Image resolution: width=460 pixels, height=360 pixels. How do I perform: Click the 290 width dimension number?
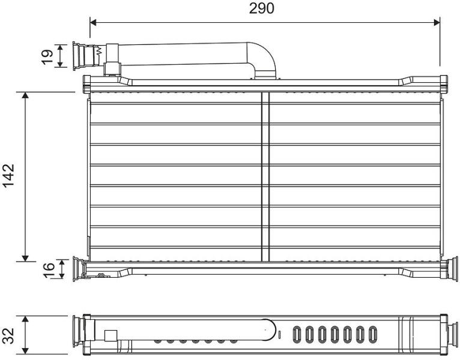(261, 8)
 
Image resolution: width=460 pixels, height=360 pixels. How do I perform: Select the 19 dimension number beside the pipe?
(47, 56)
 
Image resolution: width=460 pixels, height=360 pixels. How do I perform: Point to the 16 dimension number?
(49, 270)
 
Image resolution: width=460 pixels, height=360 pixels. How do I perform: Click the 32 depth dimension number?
(8, 335)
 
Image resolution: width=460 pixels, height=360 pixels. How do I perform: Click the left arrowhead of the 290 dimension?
(93, 23)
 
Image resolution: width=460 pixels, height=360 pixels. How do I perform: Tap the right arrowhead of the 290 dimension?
(437, 23)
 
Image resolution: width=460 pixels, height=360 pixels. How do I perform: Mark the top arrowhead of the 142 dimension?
(26, 95)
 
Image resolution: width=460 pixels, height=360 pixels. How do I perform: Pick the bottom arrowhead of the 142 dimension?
(26, 257)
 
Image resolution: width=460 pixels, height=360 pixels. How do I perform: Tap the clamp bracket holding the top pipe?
(112, 59)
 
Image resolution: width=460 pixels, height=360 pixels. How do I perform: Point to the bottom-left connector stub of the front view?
(79, 269)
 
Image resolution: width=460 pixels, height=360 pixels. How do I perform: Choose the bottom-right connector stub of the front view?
(451, 269)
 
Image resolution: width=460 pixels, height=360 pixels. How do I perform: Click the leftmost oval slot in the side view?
(297, 334)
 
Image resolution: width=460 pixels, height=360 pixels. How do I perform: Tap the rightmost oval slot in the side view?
(372, 334)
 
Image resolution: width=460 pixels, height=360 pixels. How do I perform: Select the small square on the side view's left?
(110, 336)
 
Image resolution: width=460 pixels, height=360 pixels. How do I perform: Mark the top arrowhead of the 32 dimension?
(26, 320)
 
